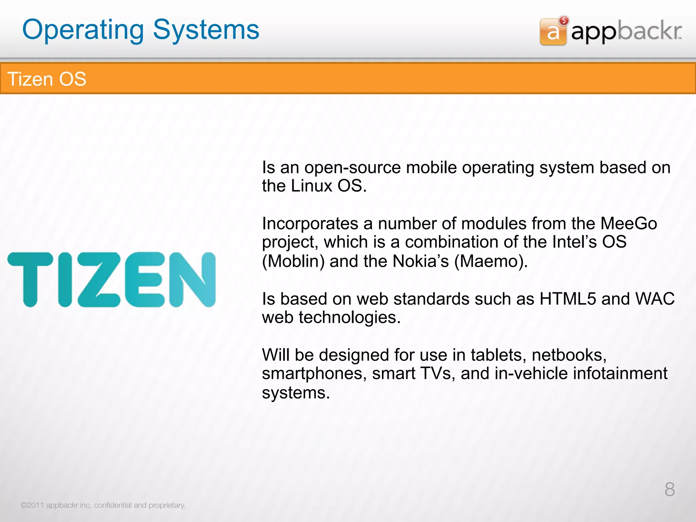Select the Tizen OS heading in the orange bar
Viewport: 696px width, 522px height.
click(x=47, y=79)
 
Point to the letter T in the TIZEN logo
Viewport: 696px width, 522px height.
click(x=30, y=279)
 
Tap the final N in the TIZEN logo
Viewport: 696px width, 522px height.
click(x=192, y=279)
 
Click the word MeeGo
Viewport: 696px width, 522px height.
click(x=628, y=224)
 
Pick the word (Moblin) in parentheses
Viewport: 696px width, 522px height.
click(x=293, y=261)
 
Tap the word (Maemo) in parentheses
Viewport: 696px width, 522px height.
click(x=491, y=261)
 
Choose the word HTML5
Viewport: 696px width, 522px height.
click(x=568, y=299)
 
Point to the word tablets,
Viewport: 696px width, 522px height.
click(x=498, y=355)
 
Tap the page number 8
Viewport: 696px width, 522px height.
click(x=669, y=490)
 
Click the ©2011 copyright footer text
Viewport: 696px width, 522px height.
click(x=103, y=505)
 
